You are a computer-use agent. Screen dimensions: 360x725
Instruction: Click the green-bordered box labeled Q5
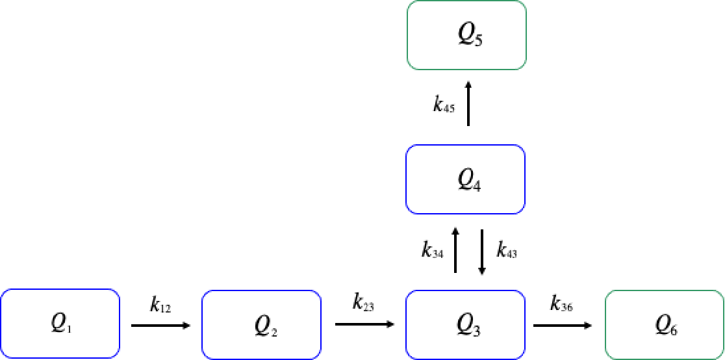click(x=466, y=35)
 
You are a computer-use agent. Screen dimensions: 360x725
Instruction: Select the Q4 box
click(x=465, y=179)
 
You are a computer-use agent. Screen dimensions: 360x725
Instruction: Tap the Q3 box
click(x=465, y=324)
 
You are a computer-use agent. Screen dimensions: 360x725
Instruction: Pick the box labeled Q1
click(x=60, y=324)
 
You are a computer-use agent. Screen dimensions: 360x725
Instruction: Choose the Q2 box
click(x=261, y=325)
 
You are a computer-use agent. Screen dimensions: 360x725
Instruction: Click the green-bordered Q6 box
click(x=665, y=325)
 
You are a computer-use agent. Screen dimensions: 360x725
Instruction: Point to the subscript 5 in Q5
click(x=479, y=42)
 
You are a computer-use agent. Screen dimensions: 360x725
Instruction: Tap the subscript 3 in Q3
click(x=477, y=330)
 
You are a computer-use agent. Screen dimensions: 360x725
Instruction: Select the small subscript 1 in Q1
click(x=70, y=329)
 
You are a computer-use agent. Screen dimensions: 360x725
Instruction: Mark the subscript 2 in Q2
click(x=274, y=332)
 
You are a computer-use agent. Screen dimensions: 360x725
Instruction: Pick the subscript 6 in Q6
click(x=674, y=331)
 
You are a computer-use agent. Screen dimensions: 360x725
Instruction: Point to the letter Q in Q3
click(x=464, y=323)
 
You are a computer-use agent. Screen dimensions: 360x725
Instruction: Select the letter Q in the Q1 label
click(x=58, y=323)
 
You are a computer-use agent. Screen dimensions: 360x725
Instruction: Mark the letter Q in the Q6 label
click(x=663, y=324)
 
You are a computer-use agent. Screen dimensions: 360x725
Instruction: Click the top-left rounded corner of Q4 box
click(x=410, y=149)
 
